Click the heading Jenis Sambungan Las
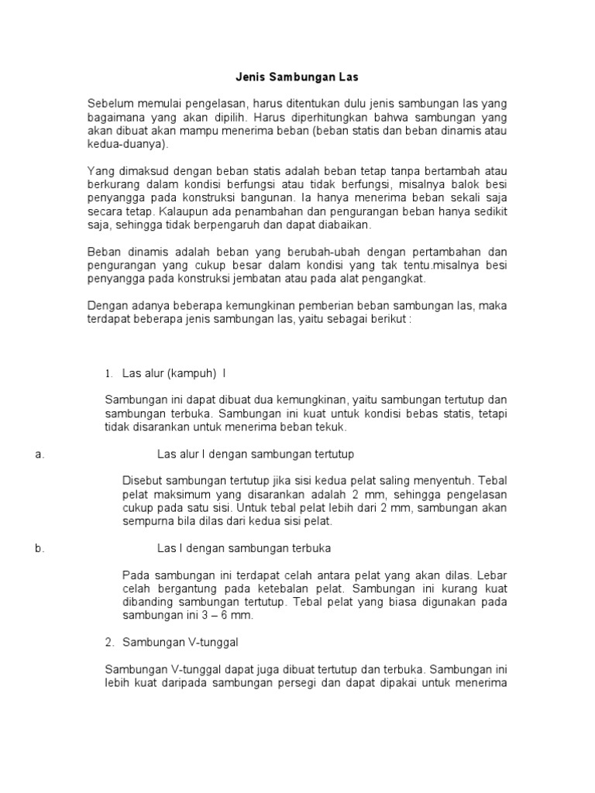coord(297,78)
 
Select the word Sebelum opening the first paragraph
coord(109,104)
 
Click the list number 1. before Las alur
coord(109,373)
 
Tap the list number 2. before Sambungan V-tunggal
coord(109,642)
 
